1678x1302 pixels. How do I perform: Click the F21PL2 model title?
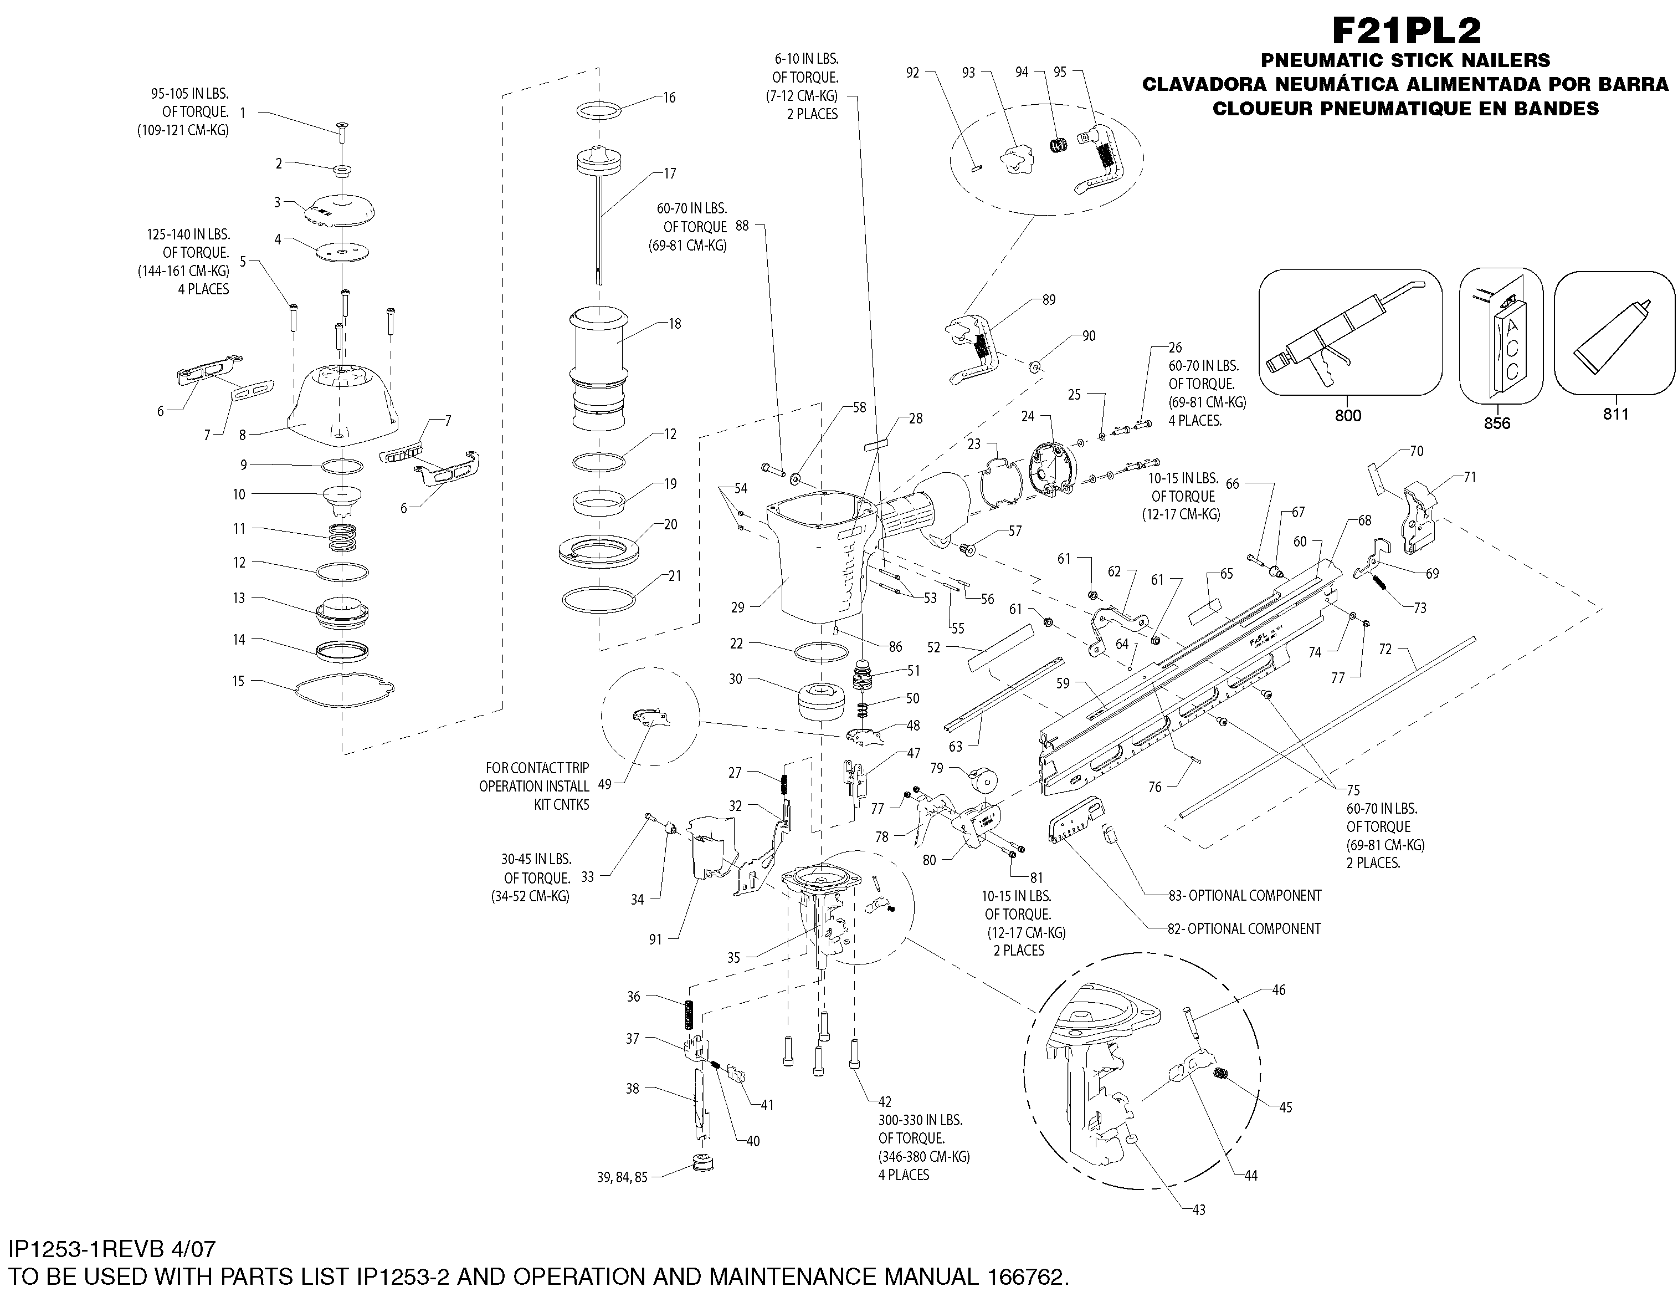[1406, 30]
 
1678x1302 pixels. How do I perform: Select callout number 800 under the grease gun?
[1348, 416]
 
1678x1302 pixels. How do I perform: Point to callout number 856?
[1497, 423]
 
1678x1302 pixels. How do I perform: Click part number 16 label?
[669, 98]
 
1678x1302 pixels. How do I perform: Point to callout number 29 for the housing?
[737, 607]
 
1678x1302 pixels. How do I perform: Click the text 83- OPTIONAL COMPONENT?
[1245, 895]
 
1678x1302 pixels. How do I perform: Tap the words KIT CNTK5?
[562, 805]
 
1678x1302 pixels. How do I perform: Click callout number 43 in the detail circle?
[1199, 1210]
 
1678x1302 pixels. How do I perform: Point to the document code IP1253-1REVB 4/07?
[112, 1249]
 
